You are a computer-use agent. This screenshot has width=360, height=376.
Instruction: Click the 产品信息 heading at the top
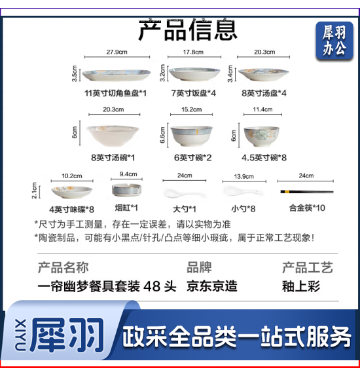[188, 29]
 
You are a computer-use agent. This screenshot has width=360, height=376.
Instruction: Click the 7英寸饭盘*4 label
[193, 94]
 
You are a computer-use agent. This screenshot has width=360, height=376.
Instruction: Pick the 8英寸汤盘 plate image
[262, 73]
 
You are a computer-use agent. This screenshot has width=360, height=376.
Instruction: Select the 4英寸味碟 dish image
[71, 191]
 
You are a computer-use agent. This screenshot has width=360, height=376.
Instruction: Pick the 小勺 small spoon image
[234, 191]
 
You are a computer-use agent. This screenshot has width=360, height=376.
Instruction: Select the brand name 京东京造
[211, 286]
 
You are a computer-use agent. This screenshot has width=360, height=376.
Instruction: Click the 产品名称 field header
[63, 267]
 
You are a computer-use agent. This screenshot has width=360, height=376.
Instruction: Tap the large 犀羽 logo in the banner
[67, 335]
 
